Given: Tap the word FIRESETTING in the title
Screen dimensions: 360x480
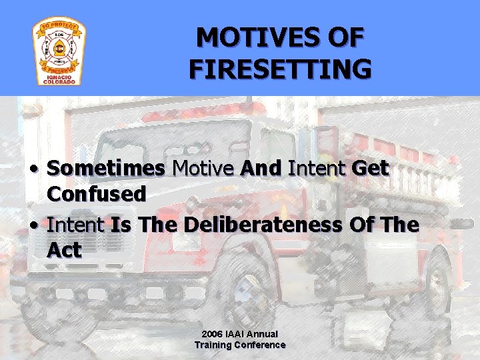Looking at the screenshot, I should point(280,69).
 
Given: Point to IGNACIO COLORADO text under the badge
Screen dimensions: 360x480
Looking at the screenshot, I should point(59,78).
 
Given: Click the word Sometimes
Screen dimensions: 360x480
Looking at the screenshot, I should point(106,169).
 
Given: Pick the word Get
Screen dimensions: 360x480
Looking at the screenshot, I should point(370,169).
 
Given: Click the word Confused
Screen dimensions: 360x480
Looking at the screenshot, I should point(97,194).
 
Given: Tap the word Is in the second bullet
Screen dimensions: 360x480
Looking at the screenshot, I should point(121,225).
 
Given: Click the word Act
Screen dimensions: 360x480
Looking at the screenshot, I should point(64,251).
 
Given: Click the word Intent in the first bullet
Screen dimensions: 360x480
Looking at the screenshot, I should point(317,169).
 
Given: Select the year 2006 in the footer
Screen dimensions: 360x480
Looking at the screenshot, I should point(213,334).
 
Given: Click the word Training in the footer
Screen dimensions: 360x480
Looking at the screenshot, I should point(213,345).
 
